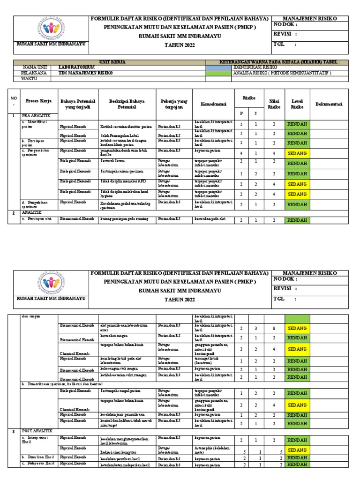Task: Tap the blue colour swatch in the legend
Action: point(218,67)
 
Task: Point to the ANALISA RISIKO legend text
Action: point(282,73)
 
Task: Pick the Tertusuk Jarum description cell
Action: point(112,160)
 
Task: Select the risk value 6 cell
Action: point(273,329)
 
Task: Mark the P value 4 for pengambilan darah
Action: point(241,153)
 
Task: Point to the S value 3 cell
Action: point(256,329)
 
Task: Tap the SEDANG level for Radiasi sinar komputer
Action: point(298,450)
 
